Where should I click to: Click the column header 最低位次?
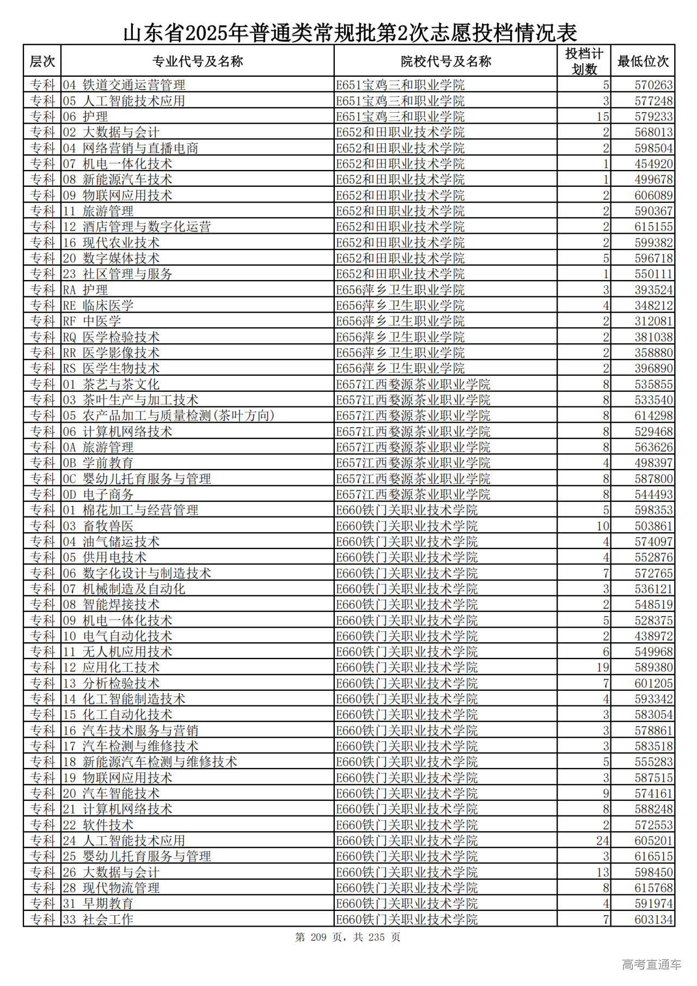(643, 61)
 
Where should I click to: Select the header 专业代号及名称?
(197, 61)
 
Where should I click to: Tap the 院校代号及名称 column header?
(445, 61)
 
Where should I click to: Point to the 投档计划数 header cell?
(584, 61)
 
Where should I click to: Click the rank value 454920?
(653, 164)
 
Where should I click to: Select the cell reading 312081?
(653, 321)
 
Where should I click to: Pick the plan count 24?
(602, 841)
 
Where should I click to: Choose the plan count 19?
(602, 668)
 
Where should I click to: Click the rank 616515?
(653, 857)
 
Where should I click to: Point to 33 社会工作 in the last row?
(98, 920)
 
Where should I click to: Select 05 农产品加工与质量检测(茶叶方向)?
(168, 416)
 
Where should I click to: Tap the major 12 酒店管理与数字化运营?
(137, 227)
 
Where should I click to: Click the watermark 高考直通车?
(651, 965)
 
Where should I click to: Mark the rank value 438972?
(653, 636)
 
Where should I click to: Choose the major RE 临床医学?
(98, 306)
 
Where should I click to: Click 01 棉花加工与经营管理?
(130, 510)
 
